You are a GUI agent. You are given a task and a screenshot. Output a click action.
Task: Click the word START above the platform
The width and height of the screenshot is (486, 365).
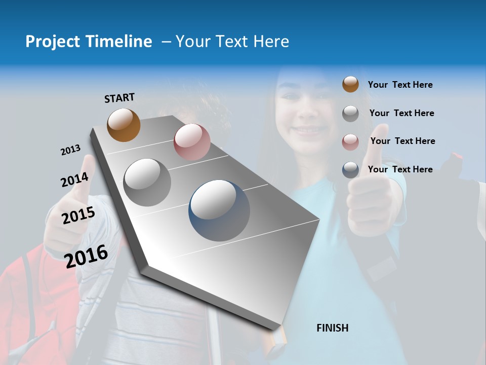(119, 98)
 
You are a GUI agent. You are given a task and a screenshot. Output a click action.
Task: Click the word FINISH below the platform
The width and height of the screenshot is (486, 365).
(333, 328)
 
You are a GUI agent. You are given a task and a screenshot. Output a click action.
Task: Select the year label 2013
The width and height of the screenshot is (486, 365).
(70, 150)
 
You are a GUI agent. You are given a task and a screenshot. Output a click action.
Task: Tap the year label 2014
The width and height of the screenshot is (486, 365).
(74, 180)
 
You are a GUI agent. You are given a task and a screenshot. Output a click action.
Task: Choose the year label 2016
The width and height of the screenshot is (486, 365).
(86, 255)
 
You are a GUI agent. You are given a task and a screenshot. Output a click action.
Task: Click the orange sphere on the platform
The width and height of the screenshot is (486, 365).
(124, 125)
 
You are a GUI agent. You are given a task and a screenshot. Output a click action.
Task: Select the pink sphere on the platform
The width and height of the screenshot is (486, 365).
(192, 142)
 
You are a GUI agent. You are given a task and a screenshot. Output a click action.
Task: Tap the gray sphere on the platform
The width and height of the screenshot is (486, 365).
(147, 182)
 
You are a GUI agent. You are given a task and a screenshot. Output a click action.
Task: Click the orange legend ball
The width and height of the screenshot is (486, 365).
(350, 85)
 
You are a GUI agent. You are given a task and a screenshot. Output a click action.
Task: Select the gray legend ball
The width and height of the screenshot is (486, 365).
(350, 113)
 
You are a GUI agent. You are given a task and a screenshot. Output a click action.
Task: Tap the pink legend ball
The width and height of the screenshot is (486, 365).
(350, 141)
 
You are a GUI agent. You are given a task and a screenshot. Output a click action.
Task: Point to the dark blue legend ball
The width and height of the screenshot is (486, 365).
(350, 170)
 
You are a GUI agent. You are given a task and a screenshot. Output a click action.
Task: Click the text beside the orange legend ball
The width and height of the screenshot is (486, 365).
(400, 85)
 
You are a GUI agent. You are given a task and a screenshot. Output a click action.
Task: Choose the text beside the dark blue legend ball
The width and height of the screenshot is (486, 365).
(400, 169)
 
